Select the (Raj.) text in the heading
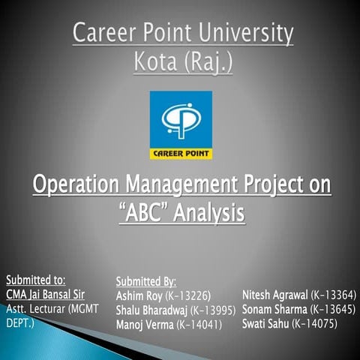point(206,61)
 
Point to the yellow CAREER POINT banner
point(181,154)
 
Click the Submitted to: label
point(35,280)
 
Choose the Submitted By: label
point(145,281)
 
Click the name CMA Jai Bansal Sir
point(47,294)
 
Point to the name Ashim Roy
point(139,295)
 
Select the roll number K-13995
point(214,310)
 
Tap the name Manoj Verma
point(144,324)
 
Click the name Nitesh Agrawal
point(274,294)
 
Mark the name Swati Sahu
point(265,323)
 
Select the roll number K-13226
point(189,295)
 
